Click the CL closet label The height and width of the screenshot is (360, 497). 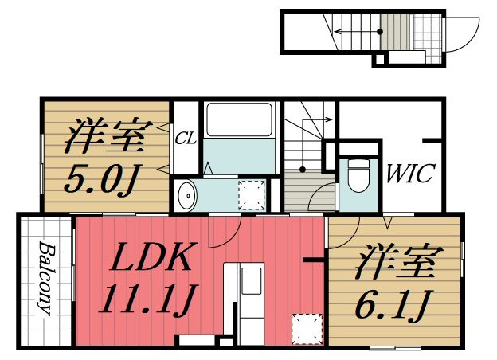186,138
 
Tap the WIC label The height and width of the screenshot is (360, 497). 410,172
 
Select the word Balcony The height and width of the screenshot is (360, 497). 44,278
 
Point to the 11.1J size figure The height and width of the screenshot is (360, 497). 149,299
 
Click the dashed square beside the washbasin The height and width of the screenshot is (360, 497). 253,194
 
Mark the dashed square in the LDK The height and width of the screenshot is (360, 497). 306,329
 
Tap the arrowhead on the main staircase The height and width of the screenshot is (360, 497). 329,119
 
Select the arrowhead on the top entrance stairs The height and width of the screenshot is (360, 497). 339,31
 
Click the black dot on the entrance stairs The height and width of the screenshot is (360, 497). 380,31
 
